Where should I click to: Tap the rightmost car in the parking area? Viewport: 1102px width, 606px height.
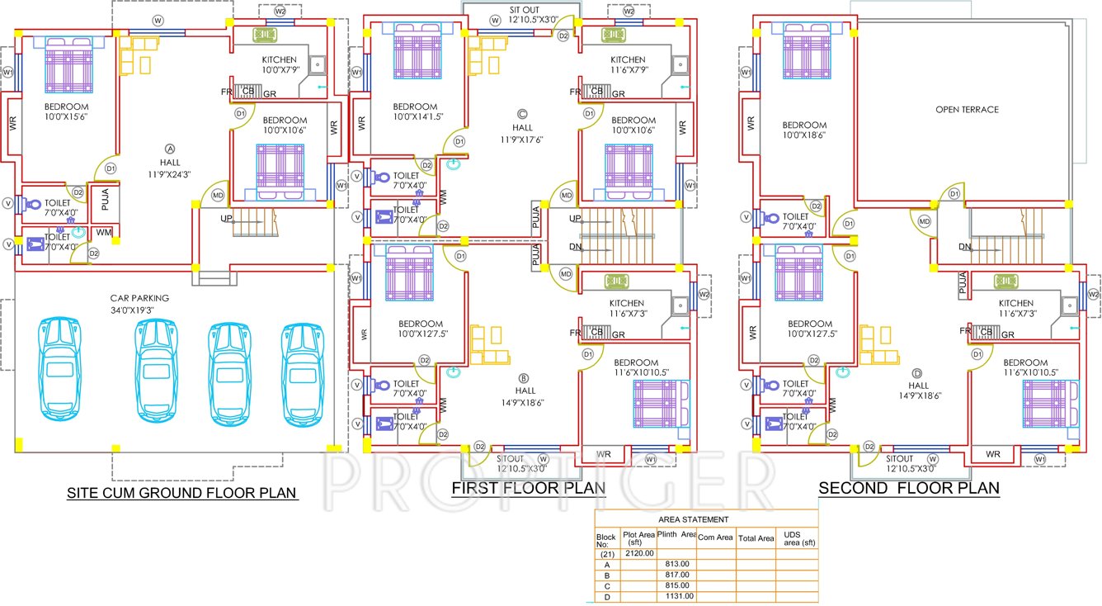303,374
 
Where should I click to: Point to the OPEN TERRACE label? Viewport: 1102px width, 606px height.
967,109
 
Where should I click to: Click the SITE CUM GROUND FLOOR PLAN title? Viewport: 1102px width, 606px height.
181,494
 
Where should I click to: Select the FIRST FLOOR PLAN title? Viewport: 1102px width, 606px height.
528,488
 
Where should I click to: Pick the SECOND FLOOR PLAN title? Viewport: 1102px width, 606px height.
908,488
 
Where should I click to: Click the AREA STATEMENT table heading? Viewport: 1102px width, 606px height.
693,519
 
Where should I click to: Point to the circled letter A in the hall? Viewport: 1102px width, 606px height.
170,149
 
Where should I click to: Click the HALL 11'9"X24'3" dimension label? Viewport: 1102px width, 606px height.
169,168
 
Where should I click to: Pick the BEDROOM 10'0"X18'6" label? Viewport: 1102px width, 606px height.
803,130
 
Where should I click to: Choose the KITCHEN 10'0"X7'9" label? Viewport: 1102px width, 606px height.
279,65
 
